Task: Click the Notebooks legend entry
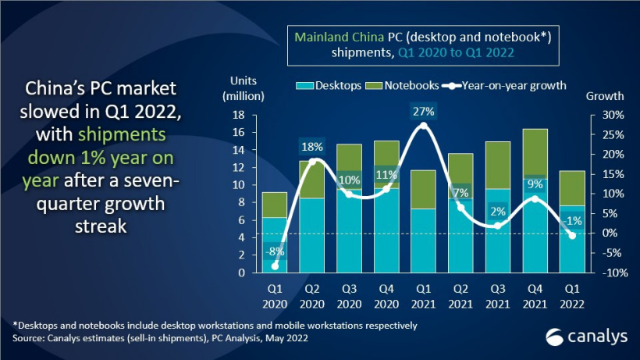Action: click(404, 86)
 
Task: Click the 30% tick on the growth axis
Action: click(604, 115)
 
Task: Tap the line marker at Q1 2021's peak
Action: click(424, 126)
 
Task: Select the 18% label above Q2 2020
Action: click(311, 146)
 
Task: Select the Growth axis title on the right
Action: click(604, 96)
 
